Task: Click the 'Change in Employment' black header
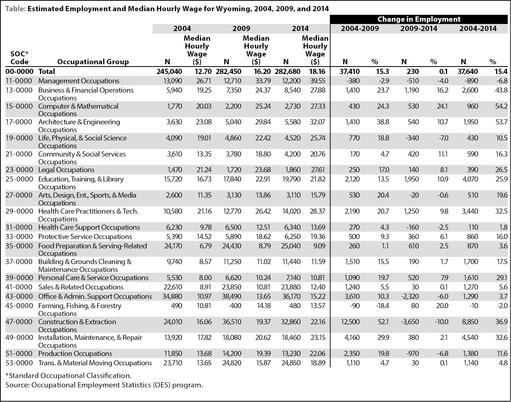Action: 419,19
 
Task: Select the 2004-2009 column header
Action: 360,28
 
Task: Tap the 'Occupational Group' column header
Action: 93,62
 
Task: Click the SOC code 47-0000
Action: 19,322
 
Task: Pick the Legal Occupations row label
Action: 66,170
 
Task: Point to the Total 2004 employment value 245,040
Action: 169,71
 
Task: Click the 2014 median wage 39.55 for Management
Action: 318,81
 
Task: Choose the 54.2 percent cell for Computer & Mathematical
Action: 501,106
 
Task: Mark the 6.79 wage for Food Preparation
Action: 205,246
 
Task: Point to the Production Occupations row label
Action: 75,353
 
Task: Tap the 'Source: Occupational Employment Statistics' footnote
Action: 104,385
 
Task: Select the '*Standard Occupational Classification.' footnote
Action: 68,375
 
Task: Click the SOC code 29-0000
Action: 19,211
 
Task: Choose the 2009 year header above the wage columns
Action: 241,28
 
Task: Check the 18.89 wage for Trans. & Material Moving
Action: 318,363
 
